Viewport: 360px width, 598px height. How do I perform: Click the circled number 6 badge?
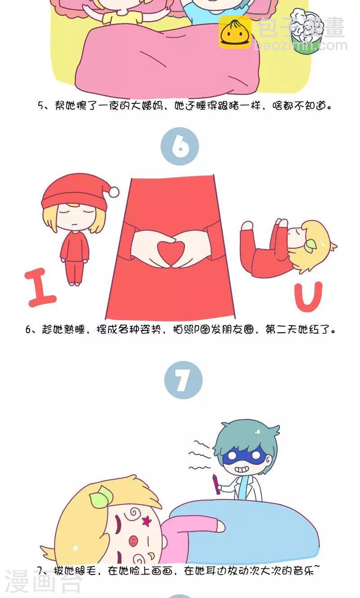[x=180, y=146]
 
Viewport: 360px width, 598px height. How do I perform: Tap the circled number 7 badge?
[x=183, y=380]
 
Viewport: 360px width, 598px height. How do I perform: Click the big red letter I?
[x=40, y=287]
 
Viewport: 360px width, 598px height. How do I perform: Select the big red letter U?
[x=308, y=297]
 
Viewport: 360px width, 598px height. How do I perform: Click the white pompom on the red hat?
[x=114, y=192]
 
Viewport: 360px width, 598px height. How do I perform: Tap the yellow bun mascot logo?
[x=235, y=32]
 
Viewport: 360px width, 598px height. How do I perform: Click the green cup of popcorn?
[x=307, y=31]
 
